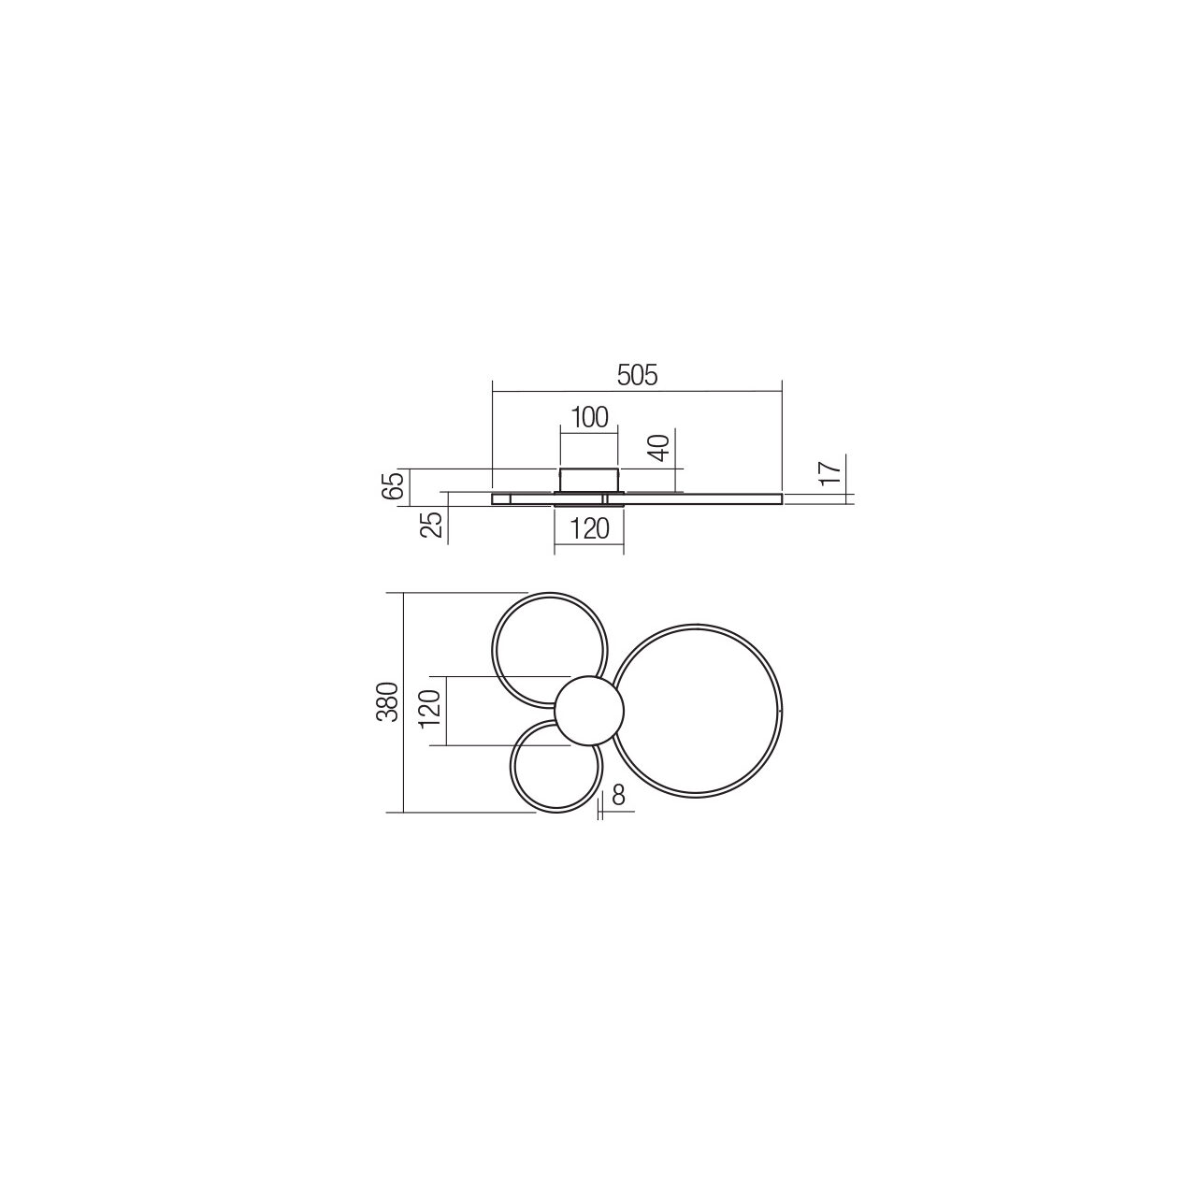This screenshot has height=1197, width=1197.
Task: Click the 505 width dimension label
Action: click(x=637, y=376)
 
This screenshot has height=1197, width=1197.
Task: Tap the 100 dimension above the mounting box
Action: click(x=589, y=418)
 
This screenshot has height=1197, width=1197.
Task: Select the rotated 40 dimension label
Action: click(x=662, y=447)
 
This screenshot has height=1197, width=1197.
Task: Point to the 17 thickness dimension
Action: click(x=833, y=469)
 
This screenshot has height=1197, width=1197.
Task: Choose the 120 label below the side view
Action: click(x=589, y=528)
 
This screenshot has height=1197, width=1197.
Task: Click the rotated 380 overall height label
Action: click(x=387, y=702)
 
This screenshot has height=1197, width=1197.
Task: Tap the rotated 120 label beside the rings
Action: click(x=430, y=710)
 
